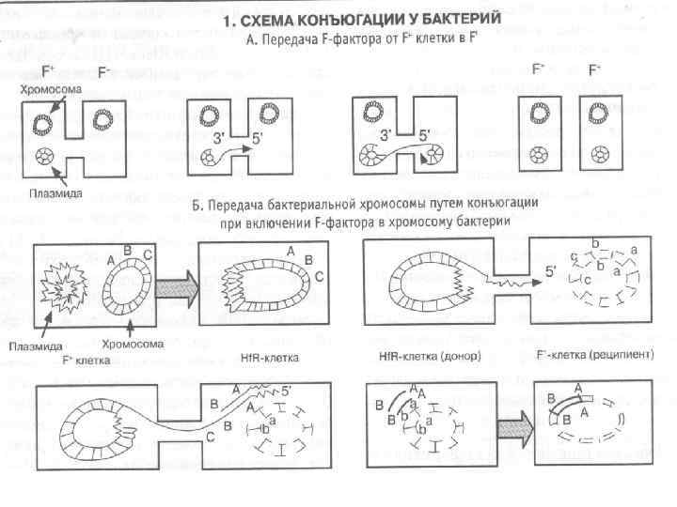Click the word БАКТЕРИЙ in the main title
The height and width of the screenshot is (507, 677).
(x=455, y=19)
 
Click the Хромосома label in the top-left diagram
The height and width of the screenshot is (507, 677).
(x=53, y=87)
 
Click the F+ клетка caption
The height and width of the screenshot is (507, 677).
(x=86, y=359)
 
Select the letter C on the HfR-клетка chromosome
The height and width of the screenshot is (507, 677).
(x=321, y=276)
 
